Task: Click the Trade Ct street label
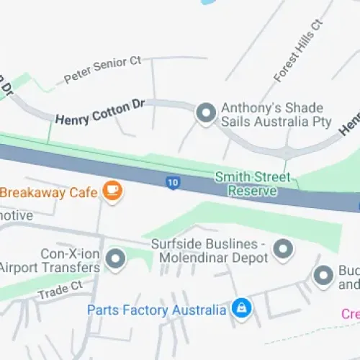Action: [x=61, y=290]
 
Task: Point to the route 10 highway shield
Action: [x=171, y=183]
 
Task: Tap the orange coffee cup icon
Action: [x=112, y=191]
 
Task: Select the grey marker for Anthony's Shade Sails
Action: [x=207, y=113]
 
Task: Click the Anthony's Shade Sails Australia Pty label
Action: [x=274, y=114]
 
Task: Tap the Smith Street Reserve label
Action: [x=253, y=184]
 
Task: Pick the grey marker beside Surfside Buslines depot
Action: [x=284, y=249]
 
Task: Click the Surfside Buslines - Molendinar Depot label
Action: [x=210, y=250]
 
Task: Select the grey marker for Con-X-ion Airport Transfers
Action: [x=114, y=258]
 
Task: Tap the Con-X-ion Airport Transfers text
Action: [x=51, y=261]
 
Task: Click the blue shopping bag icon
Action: [x=240, y=309]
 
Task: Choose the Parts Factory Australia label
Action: [x=157, y=310]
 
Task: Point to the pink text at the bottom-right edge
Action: [x=351, y=314]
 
